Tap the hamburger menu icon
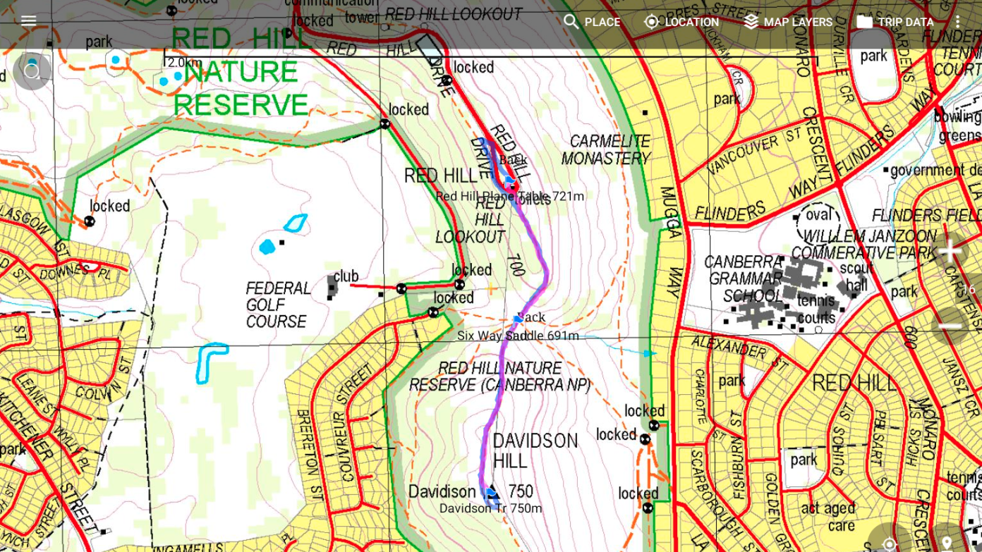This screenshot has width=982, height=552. click(x=28, y=20)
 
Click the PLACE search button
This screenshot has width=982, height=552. click(x=592, y=22)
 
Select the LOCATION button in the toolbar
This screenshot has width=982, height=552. click(x=681, y=22)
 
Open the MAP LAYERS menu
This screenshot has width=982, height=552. click(x=788, y=22)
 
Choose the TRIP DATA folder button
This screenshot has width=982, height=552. click(x=895, y=22)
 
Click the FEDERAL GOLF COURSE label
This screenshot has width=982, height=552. click(x=278, y=305)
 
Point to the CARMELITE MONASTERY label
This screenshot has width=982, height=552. click(x=606, y=149)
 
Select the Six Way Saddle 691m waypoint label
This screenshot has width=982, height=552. click(x=517, y=336)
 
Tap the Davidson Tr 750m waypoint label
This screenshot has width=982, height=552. click(x=490, y=508)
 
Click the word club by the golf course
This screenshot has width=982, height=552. click(x=346, y=276)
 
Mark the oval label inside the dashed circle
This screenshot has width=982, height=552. click(x=818, y=214)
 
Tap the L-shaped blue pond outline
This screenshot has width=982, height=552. click(x=209, y=360)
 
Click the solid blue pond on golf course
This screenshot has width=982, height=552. click(x=267, y=247)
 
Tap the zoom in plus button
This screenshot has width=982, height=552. click(x=950, y=251)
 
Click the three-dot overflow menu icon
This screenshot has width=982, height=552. click(x=957, y=22)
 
